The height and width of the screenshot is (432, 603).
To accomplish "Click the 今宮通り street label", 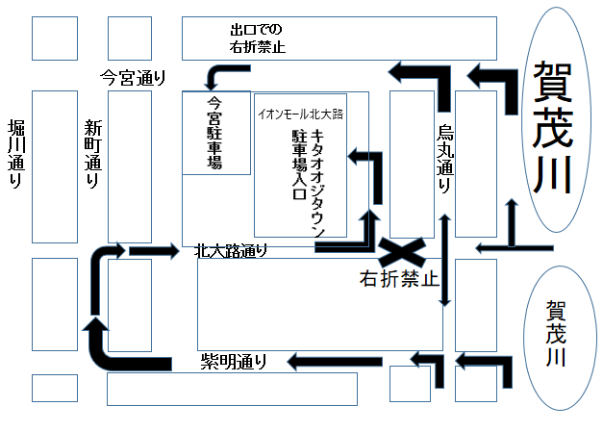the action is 133,78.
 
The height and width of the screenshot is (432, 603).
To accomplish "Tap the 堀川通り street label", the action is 16,154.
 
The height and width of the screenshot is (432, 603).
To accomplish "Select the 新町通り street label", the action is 92,154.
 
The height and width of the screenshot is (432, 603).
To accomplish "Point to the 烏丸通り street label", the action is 445,159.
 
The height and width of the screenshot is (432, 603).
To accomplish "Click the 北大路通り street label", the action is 231,251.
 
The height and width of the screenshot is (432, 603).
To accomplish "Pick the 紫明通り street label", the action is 234,362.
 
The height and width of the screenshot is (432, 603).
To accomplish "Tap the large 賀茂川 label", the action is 552,127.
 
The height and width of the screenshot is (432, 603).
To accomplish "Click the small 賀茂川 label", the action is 556,333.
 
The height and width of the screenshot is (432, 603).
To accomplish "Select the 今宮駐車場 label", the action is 214,133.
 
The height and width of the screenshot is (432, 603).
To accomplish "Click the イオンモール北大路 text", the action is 300,114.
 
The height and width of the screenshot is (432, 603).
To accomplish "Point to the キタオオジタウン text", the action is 317,183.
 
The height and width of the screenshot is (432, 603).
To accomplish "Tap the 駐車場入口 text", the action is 299,165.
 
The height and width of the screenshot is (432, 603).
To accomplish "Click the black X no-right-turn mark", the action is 402,252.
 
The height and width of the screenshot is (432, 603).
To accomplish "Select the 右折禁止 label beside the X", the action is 399,278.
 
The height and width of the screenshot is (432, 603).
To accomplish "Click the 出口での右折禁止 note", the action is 258,38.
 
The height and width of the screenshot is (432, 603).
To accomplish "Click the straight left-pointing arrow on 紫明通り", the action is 335,362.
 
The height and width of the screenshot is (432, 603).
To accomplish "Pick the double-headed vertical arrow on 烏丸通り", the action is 445,261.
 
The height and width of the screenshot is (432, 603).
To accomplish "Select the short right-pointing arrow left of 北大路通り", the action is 154,251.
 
